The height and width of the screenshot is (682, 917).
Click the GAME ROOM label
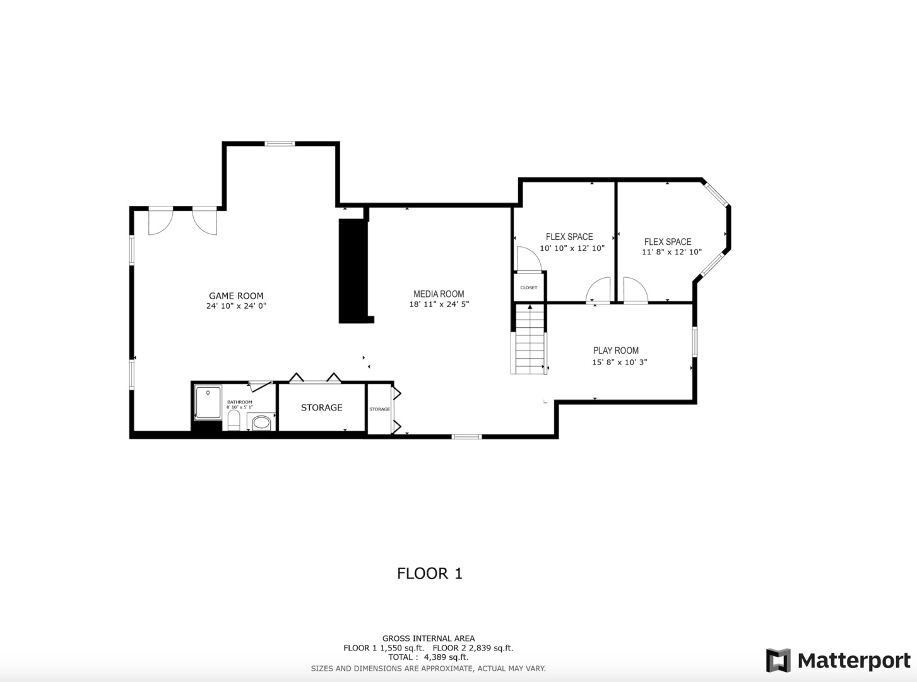coord(235,296)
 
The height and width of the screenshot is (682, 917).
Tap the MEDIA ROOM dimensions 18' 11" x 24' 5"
coord(439,304)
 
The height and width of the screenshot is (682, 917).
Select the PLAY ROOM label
coord(615,350)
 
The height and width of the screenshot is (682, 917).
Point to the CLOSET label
coord(529,287)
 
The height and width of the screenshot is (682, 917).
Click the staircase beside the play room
coord(529,339)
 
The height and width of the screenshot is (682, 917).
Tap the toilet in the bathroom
coord(234,420)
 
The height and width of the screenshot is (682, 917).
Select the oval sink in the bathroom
coord(261,422)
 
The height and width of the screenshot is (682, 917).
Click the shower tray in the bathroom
coord(208,402)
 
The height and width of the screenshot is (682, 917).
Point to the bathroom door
coord(261,386)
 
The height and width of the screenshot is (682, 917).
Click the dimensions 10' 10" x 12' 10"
coord(572,248)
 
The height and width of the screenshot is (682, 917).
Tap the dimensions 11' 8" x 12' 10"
coord(671,252)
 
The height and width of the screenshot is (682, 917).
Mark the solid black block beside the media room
coord(354,271)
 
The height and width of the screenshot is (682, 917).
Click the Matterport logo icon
coord(778,661)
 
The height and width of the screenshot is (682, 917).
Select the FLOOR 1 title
coord(430,573)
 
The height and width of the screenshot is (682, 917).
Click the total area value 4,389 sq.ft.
coord(446,657)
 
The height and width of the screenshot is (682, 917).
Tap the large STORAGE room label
coord(322,408)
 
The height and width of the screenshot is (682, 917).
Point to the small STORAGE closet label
coord(379,409)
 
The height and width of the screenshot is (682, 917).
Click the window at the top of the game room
coord(280,143)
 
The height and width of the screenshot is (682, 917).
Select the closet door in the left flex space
coord(530,259)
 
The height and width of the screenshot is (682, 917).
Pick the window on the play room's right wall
coord(695,342)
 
